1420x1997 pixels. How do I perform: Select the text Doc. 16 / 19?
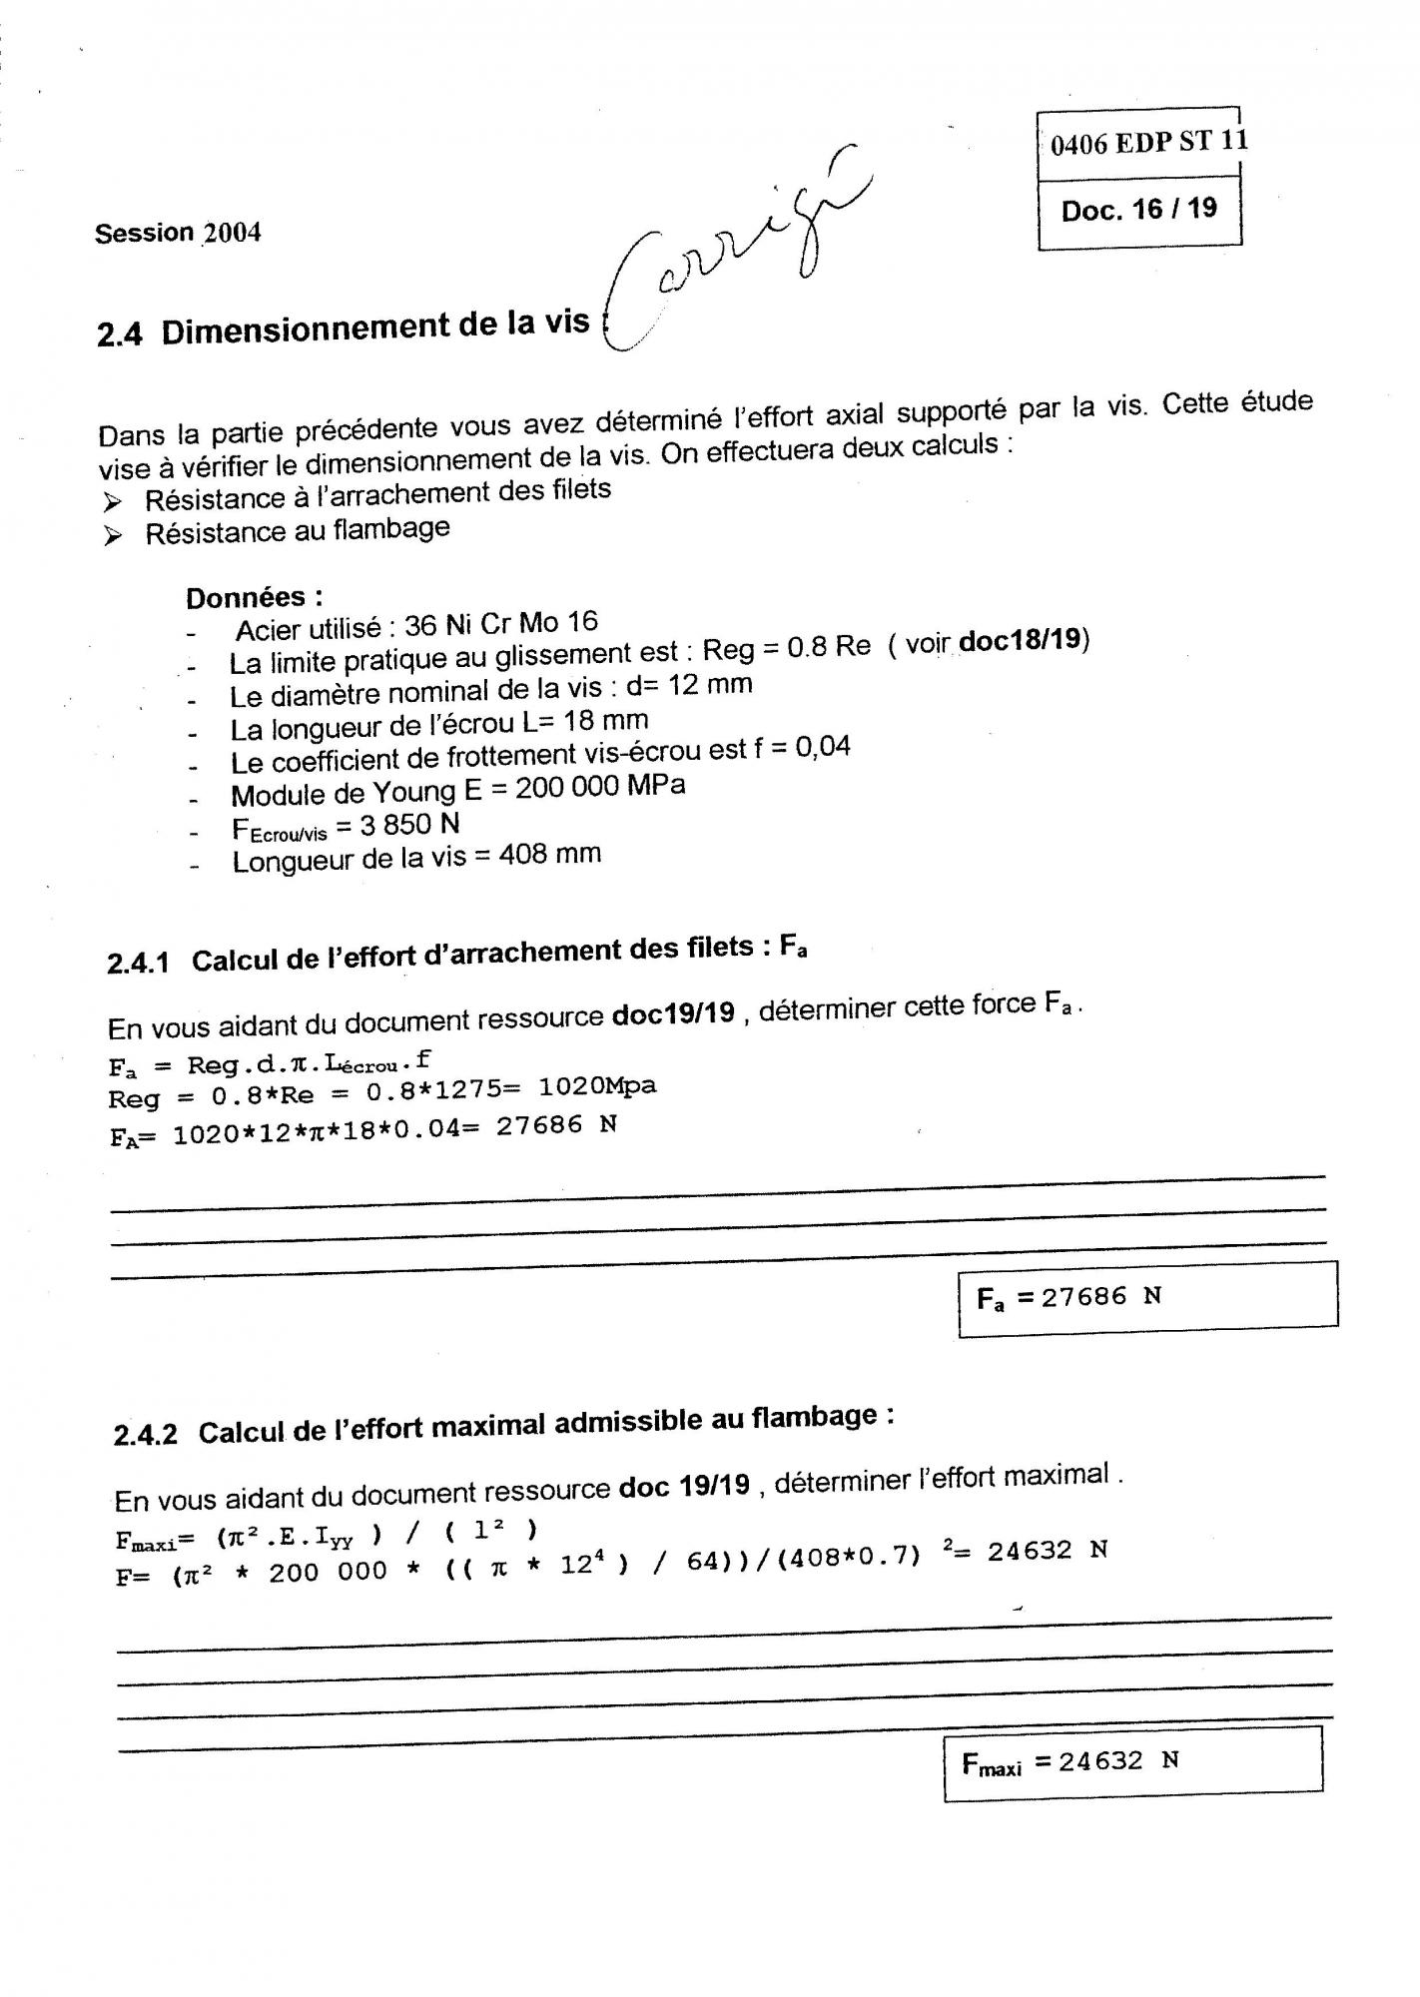(x=1139, y=210)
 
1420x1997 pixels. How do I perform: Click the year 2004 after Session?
(x=232, y=234)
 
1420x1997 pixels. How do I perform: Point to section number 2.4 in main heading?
(x=120, y=334)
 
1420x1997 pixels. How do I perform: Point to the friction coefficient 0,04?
(x=823, y=747)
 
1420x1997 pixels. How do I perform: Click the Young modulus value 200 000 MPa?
(x=600, y=787)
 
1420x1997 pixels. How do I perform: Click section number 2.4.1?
(x=138, y=964)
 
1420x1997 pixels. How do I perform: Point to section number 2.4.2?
(x=146, y=1435)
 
